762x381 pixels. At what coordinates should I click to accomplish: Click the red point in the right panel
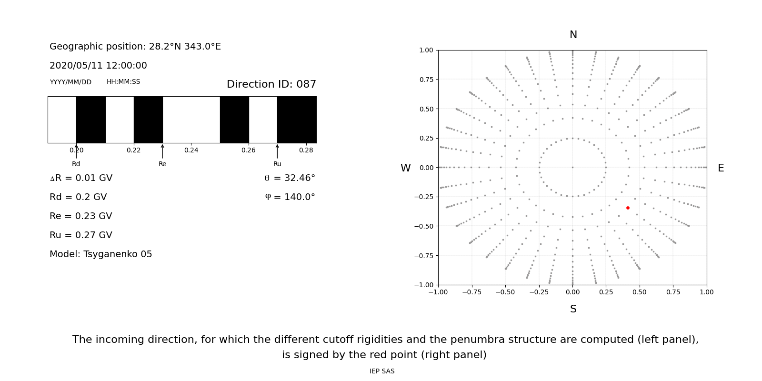[x=628, y=208]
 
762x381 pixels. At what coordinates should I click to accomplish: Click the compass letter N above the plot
[x=573, y=35]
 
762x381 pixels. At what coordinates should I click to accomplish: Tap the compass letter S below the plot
[x=573, y=309]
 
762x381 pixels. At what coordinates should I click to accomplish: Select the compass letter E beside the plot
[x=721, y=168]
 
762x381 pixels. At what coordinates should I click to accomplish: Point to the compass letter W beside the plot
[x=405, y=168]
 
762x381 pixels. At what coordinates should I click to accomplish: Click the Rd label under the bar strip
[x=76, y=164]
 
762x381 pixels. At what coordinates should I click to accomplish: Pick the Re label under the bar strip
[x=162, y=164]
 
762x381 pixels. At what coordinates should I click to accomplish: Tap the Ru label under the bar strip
[x=277, y=164]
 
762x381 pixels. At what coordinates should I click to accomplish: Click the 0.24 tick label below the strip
[x=191, y=150]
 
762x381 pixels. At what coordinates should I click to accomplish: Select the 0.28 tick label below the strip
[x=306, y=150]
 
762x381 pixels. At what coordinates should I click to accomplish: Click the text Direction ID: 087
[x=271, y=84]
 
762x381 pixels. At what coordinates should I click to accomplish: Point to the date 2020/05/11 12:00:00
[x=98, y=65]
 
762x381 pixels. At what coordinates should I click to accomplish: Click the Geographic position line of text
[x=135, y=46]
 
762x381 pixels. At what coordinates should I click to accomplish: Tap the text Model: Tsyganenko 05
[x=101, y=254]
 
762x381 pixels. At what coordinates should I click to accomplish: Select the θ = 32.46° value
[x=290, y=178]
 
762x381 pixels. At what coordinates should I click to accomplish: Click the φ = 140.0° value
[x=290, y=197]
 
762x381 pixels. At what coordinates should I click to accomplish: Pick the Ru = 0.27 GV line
[x=81, y=235]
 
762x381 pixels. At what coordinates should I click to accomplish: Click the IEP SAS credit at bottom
[x=382, y=371]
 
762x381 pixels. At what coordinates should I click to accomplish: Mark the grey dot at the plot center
[x=572, y=167]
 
